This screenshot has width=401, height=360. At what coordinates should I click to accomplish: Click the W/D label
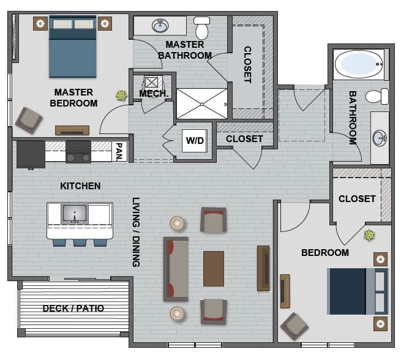[195, 141]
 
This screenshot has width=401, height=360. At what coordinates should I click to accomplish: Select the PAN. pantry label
[120, 151]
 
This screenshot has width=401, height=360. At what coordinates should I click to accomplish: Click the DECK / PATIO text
[73, 309]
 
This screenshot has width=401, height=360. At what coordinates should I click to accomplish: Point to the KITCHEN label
[80, 186]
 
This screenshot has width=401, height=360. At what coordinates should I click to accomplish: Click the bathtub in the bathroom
[359, 64]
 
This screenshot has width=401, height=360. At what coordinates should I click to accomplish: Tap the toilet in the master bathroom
[202, 28]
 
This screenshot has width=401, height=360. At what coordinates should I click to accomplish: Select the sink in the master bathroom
[160, 26]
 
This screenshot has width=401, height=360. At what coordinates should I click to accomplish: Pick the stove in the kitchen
[78, 151]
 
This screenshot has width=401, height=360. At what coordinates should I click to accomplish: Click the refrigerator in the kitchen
[31, 154]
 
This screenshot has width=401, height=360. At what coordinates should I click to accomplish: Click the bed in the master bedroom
[73, 46]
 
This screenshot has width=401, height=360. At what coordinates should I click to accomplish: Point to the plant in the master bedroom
[122, 95]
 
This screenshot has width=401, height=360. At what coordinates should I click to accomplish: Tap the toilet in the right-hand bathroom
[377, 96]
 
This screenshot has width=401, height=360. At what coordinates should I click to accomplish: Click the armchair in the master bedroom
[29, 120]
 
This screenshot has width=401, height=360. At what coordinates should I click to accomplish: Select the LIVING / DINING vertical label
[136, 231]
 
